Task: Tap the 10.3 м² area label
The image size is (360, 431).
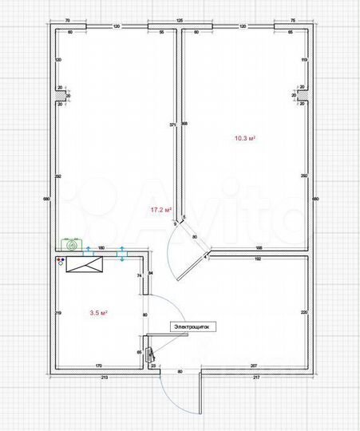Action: click(244, 138)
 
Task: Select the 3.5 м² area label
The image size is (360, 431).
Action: click(99, 314)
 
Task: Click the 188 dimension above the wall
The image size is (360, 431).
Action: click(258, 249)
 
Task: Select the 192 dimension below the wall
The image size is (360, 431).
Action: click(258, 259)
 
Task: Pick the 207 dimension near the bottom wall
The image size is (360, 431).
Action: click(253, 366)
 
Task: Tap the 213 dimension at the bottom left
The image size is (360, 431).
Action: click(104, 377)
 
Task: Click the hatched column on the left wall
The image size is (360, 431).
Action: click(60, 95)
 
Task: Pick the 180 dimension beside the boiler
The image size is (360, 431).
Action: click(101, 249)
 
